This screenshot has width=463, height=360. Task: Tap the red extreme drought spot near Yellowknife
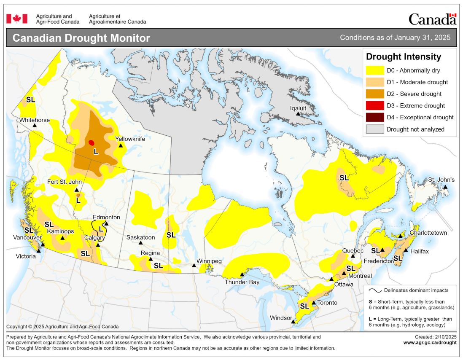92,142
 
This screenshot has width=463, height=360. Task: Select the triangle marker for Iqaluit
298,114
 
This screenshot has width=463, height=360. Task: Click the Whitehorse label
34,120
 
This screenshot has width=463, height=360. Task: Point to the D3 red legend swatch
375,106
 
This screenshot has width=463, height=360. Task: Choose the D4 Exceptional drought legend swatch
375,118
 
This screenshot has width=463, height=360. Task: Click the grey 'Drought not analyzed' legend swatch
375,129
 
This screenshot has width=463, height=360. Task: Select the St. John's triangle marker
445,187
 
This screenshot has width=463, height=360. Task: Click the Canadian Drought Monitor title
81,38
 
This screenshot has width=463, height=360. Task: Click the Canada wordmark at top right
432,19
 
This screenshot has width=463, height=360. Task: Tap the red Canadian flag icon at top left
17,19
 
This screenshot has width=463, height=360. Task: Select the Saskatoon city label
140,237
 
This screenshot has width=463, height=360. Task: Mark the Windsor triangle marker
293,322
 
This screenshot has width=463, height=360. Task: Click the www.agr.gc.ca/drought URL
430,343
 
